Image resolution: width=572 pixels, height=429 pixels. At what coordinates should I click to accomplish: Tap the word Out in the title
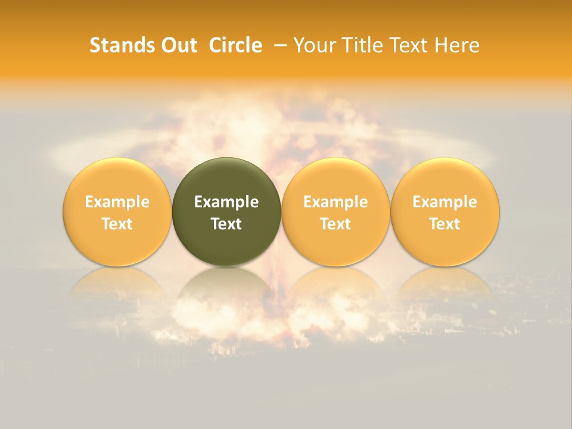coord(178,45)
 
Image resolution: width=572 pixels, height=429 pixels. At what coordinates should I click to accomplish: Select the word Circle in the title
coord(235,45)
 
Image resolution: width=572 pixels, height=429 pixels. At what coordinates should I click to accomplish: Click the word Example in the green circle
coord(226,202)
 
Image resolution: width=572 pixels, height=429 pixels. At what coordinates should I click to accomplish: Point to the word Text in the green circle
coord(226,224)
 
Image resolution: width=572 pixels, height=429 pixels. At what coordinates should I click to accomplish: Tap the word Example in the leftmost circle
coord(117,202)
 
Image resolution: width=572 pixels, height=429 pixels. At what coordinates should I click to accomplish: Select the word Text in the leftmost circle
coord(117,224)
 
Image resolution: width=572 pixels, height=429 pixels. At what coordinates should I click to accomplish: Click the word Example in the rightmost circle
coord(445,202)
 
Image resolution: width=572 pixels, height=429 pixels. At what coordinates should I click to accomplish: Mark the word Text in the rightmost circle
coord(445,224)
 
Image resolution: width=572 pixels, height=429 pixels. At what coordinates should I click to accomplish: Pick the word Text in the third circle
coord(335,224)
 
